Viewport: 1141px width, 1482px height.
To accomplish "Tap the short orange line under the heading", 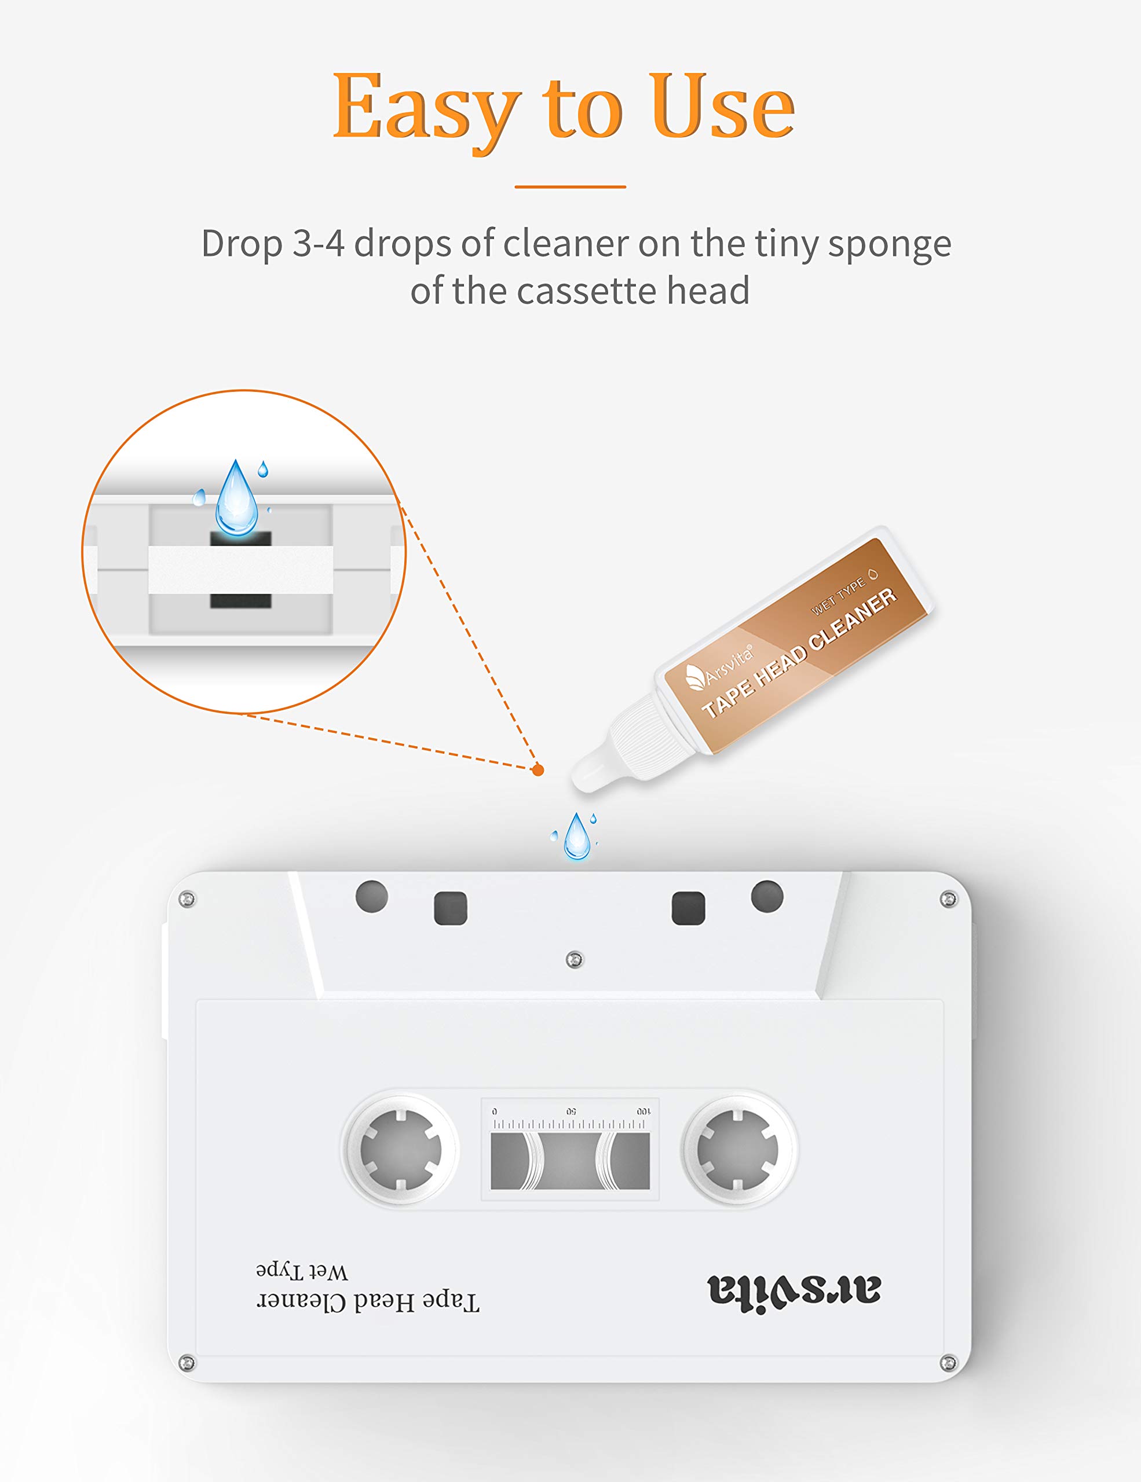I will coord(570,186).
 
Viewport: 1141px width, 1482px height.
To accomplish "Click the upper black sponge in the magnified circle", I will coord(240,539).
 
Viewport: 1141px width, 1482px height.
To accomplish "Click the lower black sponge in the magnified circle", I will coord(240,600).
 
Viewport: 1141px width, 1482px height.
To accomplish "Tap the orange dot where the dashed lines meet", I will coord(537,769).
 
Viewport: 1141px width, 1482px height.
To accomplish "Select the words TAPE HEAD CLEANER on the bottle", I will coord(800,653).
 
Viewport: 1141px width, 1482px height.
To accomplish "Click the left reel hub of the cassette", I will coord(400,1150).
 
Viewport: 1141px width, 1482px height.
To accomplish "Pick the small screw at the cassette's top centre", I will coord(574,959).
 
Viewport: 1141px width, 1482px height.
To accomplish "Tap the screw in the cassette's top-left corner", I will coord(186,899).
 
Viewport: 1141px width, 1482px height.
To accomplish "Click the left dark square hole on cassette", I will coord(451,908).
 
